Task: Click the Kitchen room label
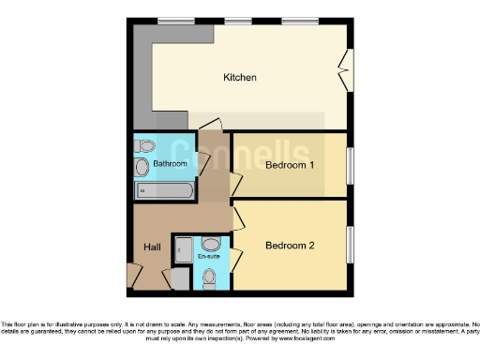tap(240, 77)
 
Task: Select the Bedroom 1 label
tap(289, 166)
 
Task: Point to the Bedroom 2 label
tap(289, 247)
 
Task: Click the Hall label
tap(152, 247)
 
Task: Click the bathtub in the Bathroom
tap(164, 190)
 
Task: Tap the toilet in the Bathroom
tap(145, 146)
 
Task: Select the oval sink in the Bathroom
tap(142, 168)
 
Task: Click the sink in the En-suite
tap(209, 243)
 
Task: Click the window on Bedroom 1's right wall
tap(351, 166)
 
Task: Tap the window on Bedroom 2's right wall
tap(351, 246)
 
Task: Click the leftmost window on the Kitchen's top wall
tap(170, 21)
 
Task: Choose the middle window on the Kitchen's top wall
tap(240, 21)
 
